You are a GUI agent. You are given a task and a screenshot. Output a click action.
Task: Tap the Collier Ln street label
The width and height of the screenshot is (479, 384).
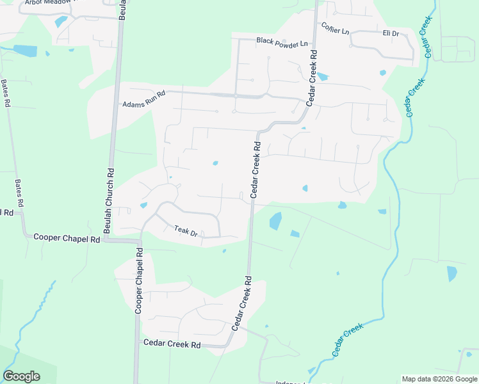click(336, 28)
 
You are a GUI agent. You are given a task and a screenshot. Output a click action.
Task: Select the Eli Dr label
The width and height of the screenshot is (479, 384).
click(391, 33)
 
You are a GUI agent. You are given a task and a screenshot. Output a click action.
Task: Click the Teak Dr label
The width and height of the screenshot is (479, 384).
click(186, 231)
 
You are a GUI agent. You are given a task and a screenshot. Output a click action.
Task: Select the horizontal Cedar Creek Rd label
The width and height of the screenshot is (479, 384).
click(172, 344)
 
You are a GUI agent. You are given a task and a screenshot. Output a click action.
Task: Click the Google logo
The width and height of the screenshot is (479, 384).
click(21, 376)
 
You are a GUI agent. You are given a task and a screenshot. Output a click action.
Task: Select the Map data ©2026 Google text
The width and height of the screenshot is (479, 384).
click(439, 379)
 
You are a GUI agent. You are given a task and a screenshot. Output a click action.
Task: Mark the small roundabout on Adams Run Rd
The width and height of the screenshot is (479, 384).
click(236, 96)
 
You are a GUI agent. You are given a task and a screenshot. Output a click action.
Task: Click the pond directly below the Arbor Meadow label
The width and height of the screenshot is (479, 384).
click(61, 21)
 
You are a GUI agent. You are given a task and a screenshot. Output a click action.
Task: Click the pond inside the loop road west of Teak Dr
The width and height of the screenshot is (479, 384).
click(143, 205)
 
